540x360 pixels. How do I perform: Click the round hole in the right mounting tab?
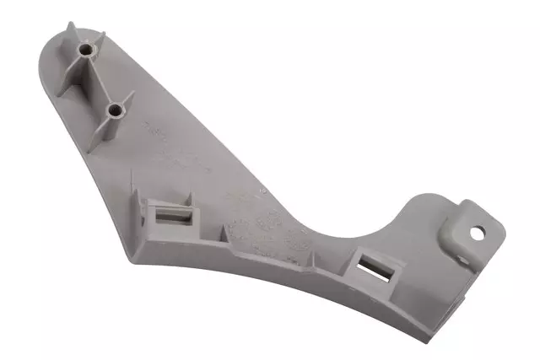click(478, 234)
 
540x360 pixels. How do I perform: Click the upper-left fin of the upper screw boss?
click(71, 35)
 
